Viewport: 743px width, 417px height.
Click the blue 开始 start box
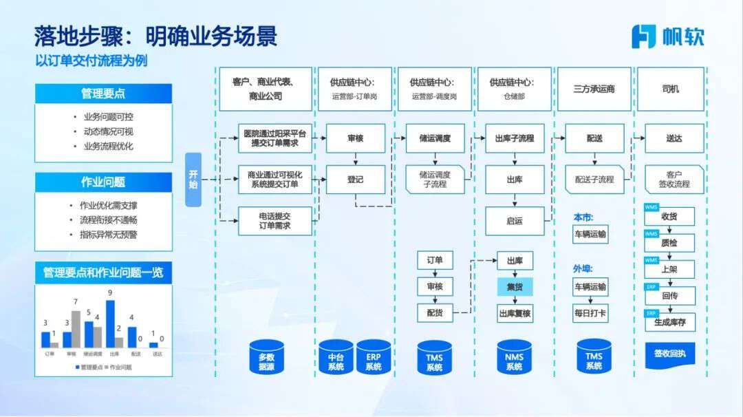click(193, 180)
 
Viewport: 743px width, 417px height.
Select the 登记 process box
click(355, 180)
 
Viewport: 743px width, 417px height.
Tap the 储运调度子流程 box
click(434, 180)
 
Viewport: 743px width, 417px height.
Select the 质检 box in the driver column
click(669, 243)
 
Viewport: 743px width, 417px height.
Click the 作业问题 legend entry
click(118, 367)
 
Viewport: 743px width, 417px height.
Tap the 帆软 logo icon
click(643, 36)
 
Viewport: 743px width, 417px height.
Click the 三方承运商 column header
click(594, 89)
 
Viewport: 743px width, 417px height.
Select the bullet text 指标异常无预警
click(109, 235)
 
